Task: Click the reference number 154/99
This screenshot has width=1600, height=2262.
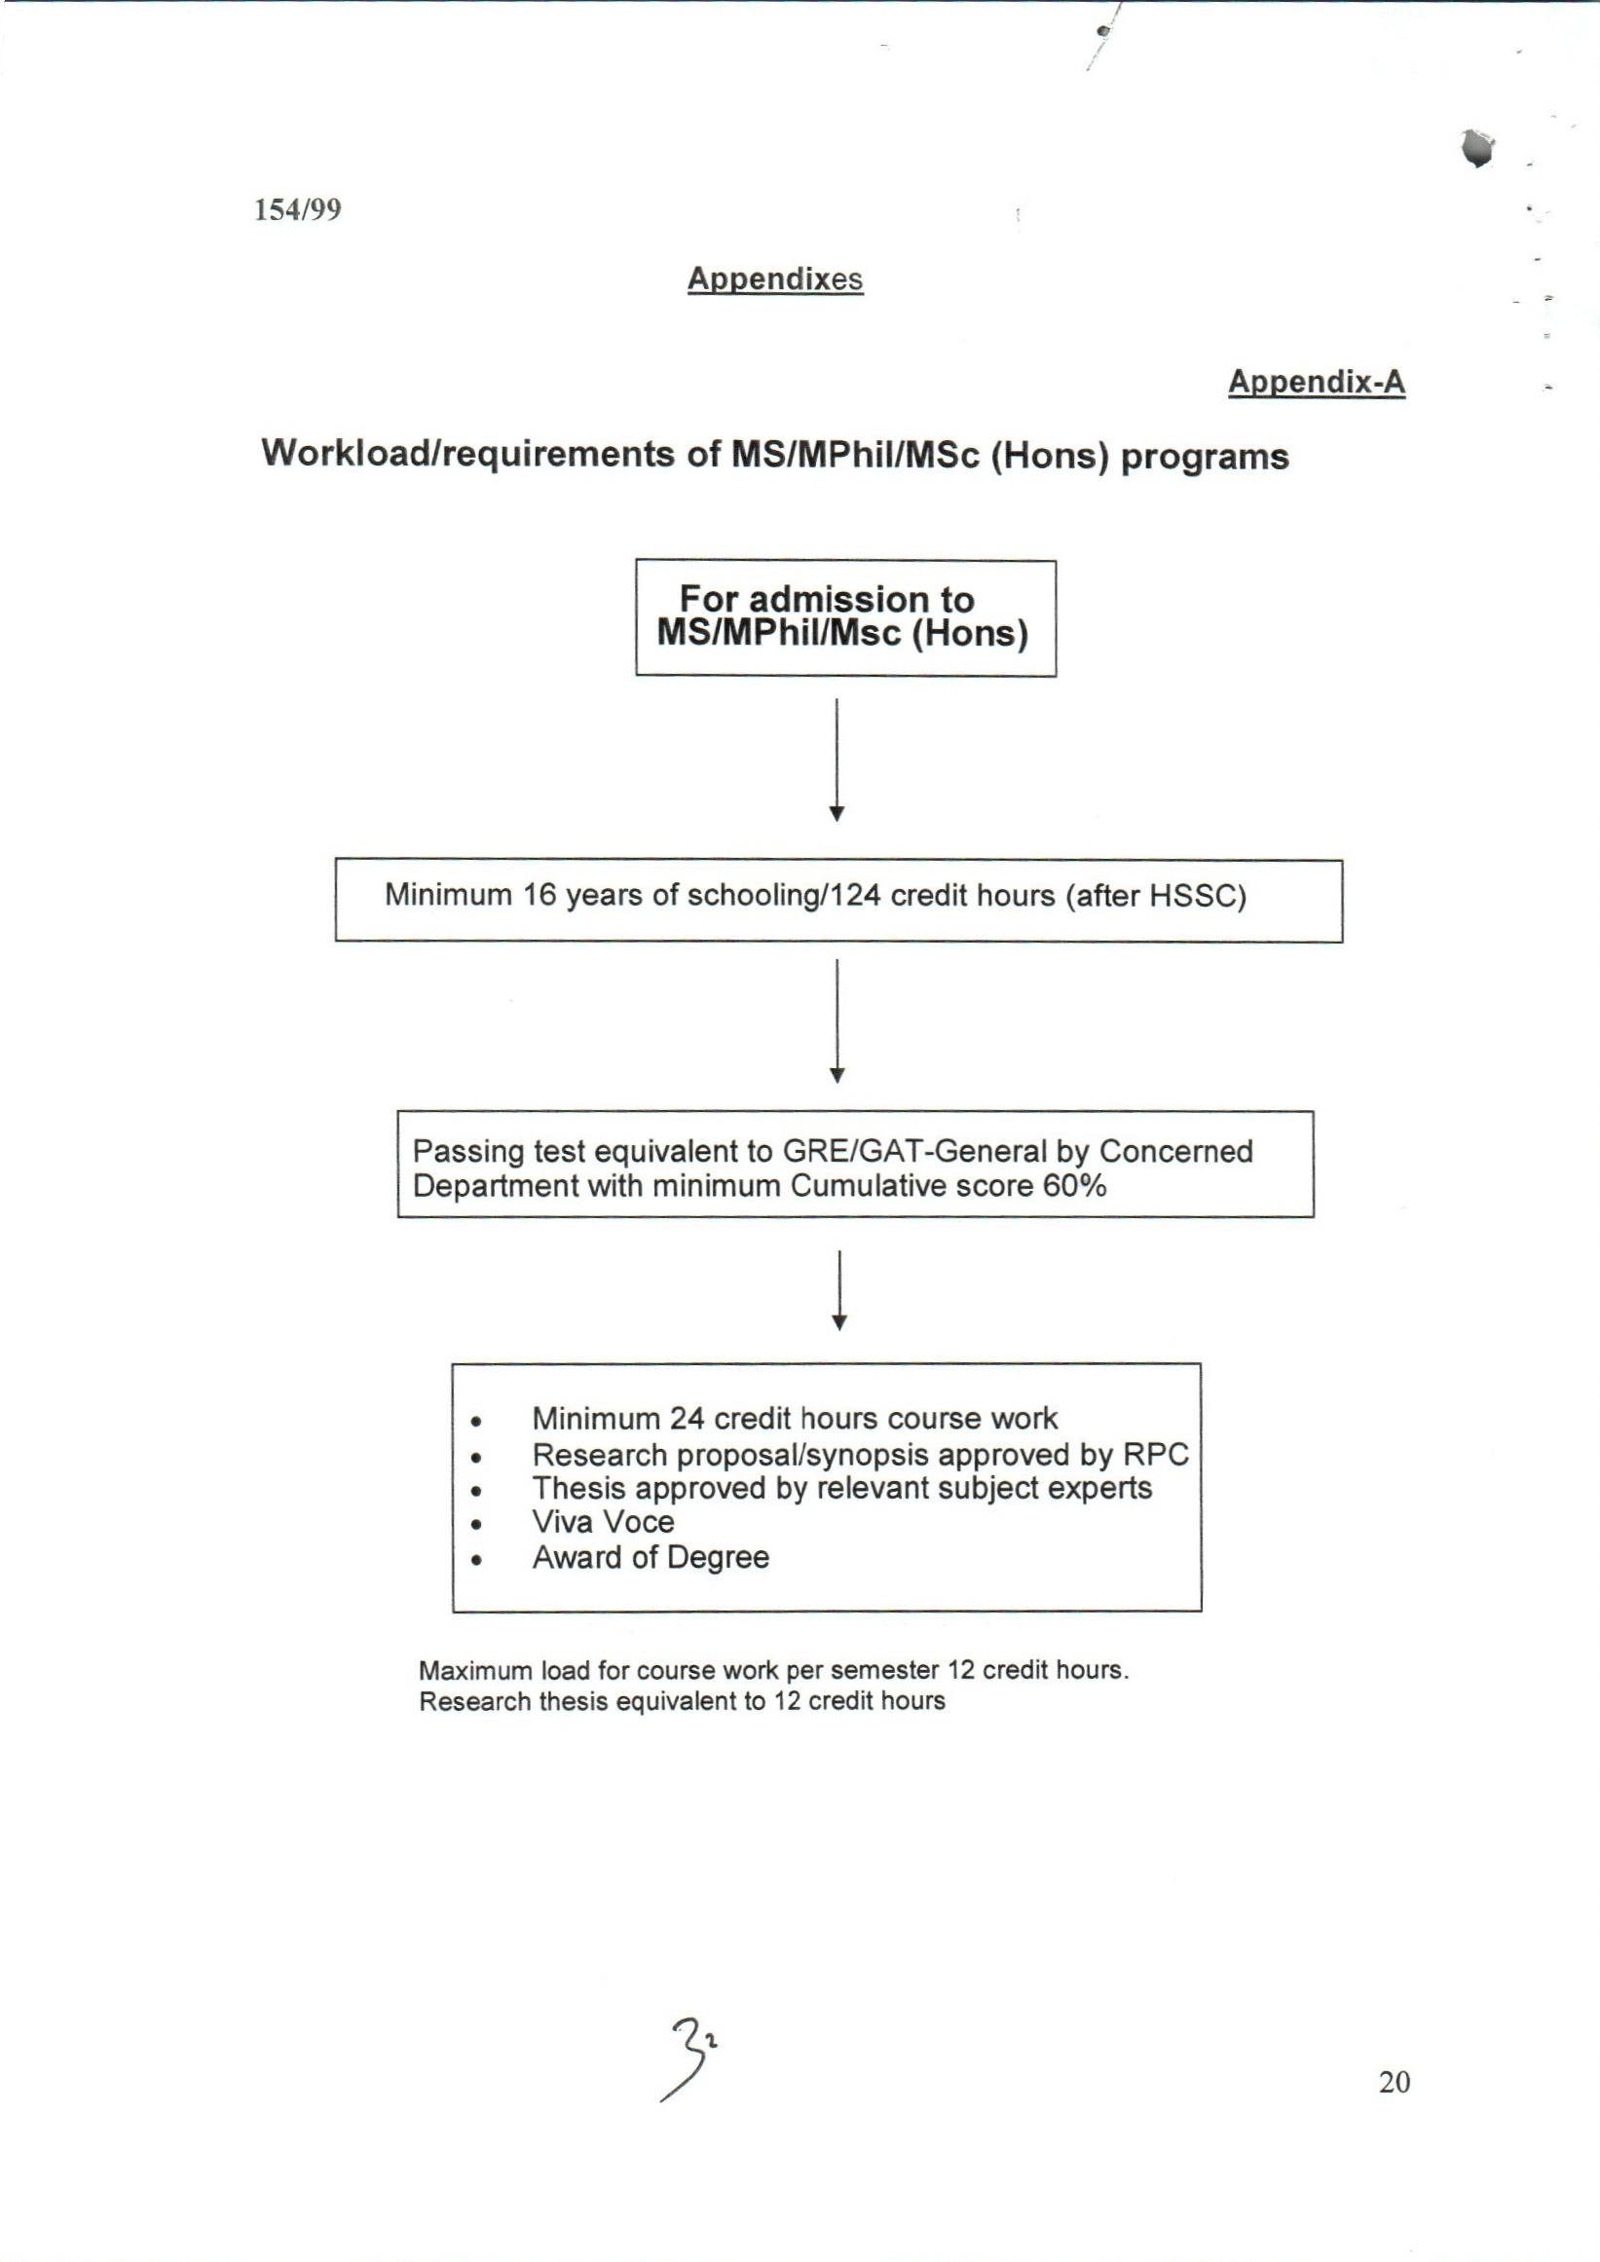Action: pos(298,210)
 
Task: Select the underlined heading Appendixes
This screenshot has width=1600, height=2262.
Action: pos(774,278)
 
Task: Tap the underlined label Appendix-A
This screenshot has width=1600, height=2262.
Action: pos(1316,382)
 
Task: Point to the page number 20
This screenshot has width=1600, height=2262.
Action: pos(1395,2082)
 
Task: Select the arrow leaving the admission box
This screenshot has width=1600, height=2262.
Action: pos(837,759)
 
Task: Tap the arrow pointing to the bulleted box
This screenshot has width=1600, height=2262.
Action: pos(839,1289)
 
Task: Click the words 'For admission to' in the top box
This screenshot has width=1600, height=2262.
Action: pos(827,599)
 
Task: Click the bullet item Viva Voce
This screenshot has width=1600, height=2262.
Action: pos(603,1522)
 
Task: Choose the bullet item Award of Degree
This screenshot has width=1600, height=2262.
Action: pos(651,1558)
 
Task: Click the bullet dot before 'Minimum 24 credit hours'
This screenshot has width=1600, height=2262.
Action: pos(476,1422)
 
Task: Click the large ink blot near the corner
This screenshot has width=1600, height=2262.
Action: pos(1477,148)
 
